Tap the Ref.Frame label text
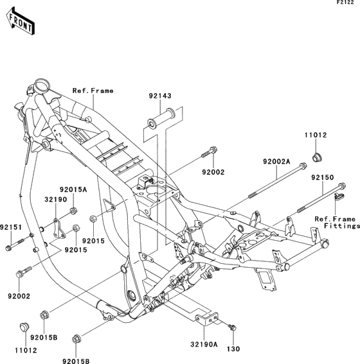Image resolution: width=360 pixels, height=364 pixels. click(x=93, y=91)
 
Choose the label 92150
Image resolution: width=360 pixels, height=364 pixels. click(x=323, y=177)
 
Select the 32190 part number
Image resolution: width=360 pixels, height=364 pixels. click(x=56, y=200)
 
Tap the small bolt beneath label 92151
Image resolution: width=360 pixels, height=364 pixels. click(x=15, y=245)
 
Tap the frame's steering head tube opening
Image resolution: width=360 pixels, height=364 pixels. click(x=42, y=84)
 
